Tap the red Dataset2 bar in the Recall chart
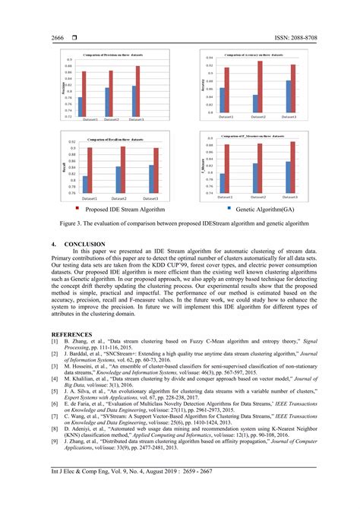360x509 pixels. point(123,170)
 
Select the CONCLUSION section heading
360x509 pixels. point(85,244)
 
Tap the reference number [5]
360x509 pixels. point(55,388)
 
